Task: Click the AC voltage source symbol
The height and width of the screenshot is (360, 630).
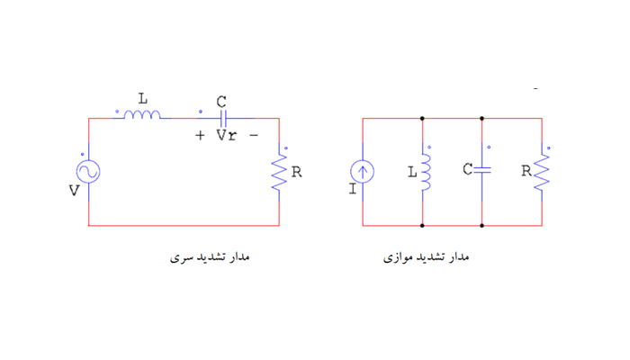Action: (x=88, y=172)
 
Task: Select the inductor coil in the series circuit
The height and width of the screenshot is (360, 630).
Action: (x=142, y=115)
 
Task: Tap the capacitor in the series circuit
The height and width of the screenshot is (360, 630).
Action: (x=223, y=119)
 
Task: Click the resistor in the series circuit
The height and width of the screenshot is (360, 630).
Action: (x=279, y=172)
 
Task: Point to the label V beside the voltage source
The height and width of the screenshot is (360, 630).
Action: (x=74, y=190)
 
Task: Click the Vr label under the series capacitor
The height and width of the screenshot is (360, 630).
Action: (x=226, y=135)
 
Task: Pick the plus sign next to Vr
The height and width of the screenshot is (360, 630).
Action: (x=200, y=135)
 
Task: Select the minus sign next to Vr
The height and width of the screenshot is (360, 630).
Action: (x=254, y=135)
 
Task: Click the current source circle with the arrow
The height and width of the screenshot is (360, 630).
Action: (x=363, y=172)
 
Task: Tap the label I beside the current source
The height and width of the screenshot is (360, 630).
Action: (x=353, y=188)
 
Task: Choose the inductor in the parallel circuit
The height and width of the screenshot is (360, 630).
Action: (x=425, y=172)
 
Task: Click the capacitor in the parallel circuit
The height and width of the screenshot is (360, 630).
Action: (x=482, y=170)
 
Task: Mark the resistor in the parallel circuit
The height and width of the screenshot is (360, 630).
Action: (x=542, y=172)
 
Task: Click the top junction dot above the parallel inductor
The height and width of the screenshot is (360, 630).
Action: (x=422, y=119)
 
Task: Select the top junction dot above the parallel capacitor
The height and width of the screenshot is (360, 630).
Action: (x=482, y=119)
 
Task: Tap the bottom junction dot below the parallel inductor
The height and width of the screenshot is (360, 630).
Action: (x=422, y=226)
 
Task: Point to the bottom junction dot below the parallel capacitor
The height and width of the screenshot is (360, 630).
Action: (x=482, y=226)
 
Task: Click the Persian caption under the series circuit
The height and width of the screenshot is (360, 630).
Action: (x=210, y=256)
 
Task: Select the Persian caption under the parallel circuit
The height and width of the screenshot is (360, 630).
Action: (x=427, y=256)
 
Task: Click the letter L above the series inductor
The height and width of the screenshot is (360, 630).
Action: (x=143, y=98)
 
